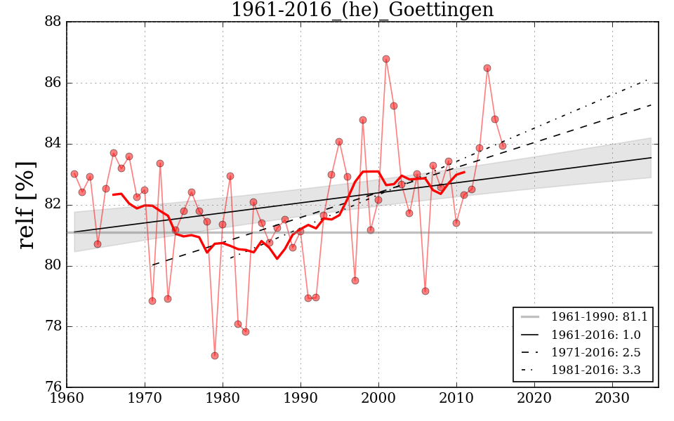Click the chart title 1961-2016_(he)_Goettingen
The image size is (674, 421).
coord(362,10)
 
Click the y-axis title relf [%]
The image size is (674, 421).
coord(26,205)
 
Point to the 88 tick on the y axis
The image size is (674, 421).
coord(52,22)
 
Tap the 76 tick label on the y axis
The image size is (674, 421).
coord(52,387)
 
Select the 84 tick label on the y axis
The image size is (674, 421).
coord(52,144)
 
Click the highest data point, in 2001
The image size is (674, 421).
coord(386,59)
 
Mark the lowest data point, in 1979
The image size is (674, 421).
coord(215,356)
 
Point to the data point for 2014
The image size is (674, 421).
coord(487,68)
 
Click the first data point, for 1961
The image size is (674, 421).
coord(74,174)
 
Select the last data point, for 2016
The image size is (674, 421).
coord(503,146)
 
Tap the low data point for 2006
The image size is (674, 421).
coord(425,291)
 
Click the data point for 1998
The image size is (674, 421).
coord(363,120)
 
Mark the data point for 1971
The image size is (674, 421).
coord(152,301)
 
